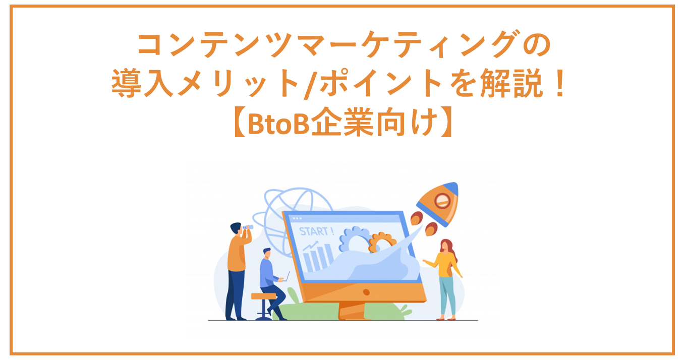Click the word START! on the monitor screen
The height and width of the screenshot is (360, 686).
pos(316,231)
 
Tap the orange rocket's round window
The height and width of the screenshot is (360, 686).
pos(442,201)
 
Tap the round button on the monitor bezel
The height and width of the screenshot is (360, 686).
pos(366,292)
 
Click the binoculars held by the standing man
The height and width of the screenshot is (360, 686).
pos(248,227)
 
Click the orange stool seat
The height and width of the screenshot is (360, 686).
pos(263,296)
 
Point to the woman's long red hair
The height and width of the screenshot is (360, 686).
pos(449,250)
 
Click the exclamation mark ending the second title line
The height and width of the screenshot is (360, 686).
pos(560,83)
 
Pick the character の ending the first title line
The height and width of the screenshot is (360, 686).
pos(537,45)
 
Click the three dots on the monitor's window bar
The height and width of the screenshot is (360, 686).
pos(297,218)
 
